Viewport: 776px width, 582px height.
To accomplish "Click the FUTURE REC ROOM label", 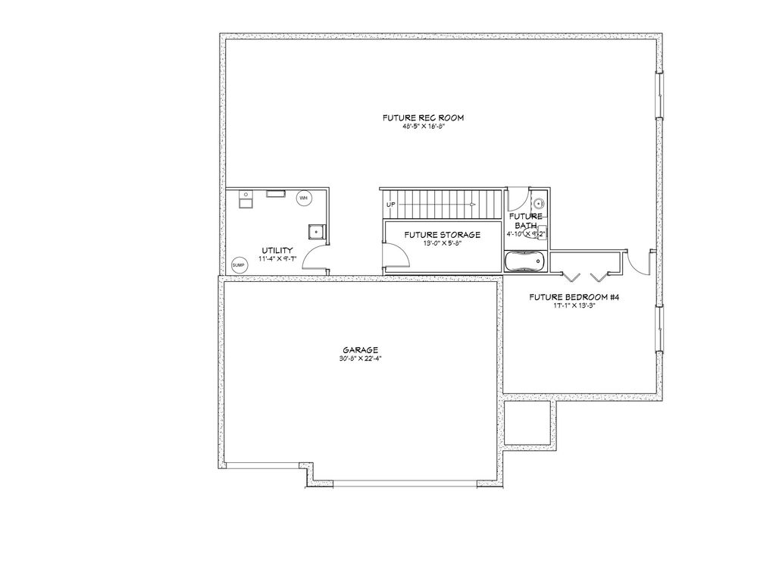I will point(423,117).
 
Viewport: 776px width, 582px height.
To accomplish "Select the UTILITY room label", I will point(277,250).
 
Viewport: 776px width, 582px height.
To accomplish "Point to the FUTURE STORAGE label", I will point(442,235).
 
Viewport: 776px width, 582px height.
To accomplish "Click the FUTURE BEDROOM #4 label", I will point(574,297).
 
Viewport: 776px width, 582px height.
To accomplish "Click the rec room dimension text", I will point(423,127).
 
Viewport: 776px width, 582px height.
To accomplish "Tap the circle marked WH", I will point(303,198).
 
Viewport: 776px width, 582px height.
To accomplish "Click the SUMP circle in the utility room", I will point(239,264).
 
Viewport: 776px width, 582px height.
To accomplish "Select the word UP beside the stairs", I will point(391,205).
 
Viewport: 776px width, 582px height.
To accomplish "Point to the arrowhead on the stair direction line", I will point(473,205).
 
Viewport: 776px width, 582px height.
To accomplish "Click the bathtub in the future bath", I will point(524,261).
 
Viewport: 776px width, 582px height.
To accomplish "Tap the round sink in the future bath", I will point(538,203).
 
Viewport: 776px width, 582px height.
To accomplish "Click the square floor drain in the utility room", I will point(316,231).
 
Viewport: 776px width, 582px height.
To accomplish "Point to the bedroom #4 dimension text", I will point(574,306).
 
